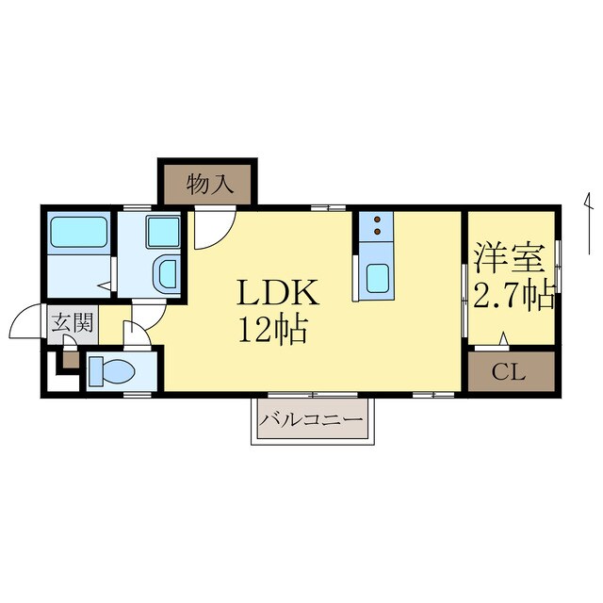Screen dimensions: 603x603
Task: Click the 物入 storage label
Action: (210, 185)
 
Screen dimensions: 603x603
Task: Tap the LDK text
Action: (278, 292)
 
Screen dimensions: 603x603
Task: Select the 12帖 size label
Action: (273, 330)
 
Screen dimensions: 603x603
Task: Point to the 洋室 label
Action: (510, 257)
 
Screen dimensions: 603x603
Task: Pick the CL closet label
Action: (509, 372)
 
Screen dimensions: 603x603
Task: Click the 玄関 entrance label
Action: (73, 322)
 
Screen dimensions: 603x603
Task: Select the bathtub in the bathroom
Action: (79, 232)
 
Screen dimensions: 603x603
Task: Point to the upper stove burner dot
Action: (377, 220)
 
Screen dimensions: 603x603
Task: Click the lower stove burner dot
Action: (377, 232)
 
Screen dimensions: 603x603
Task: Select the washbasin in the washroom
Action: (167, 274)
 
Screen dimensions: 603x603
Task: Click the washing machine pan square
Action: (163, 232)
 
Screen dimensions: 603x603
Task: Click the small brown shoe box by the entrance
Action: (72, 360)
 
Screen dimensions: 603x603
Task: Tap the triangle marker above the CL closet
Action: (504, 339)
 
